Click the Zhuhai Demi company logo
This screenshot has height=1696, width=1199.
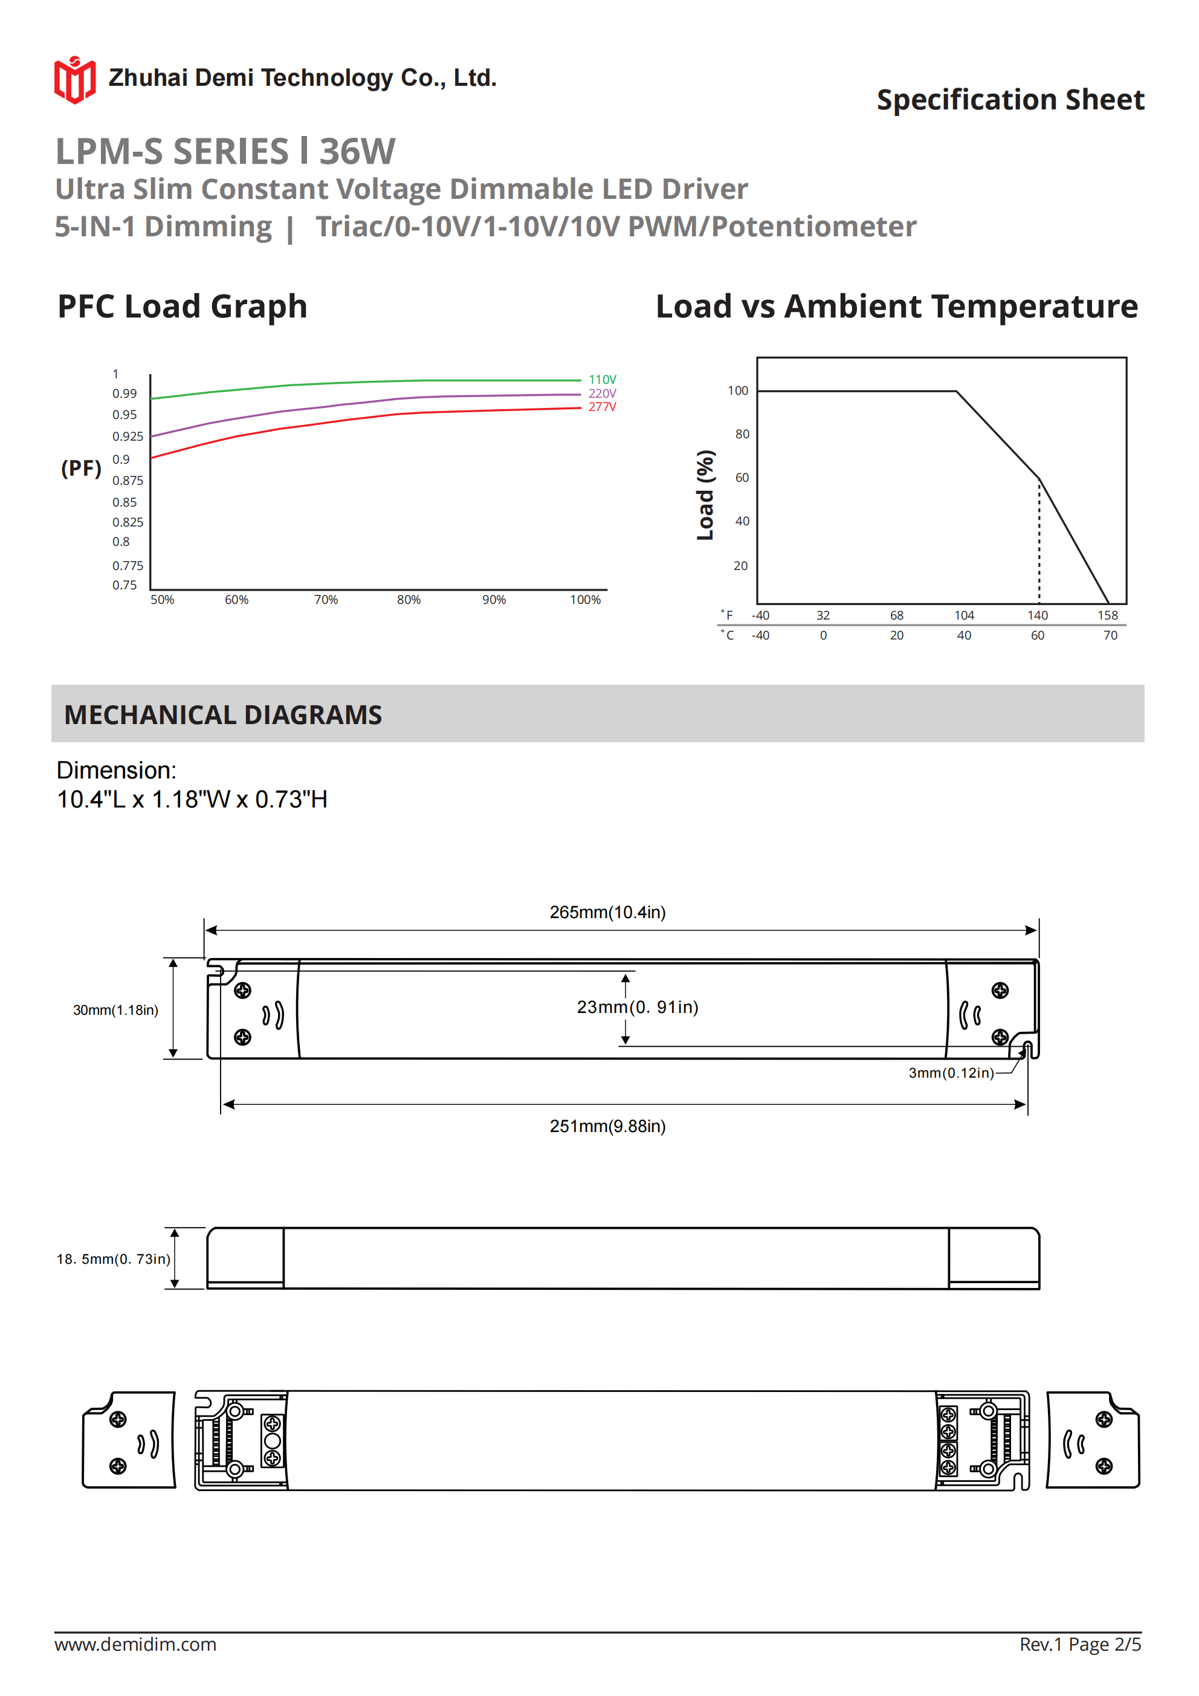pyautogui.click(x=74, y=80)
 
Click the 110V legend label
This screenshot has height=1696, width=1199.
pyautogui.click(x=602, y=380)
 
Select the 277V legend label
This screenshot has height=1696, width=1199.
pyautogui.click(x=602, y=407)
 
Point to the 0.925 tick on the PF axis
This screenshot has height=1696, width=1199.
pyautogui.click(x=128, y=436)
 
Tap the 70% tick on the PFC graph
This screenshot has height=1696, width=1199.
pyautogui.click(x=326, y=600)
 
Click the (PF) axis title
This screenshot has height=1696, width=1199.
pyautogui.click(x=81, y=468)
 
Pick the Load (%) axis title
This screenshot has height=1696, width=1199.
pyautogui.click(x=705, y=495)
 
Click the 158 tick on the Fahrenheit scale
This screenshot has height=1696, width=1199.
pyautogui.click(x=1107, y=615)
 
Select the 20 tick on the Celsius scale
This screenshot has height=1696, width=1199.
pyautogui.click(x=897, y=635)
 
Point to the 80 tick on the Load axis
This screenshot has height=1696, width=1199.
pyautogui.click(x=742, y=435)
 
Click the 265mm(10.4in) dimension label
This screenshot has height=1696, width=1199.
pyautogui.click(x=607, y=912)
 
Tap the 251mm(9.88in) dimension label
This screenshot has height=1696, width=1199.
pyautogui.click(x=607, y=1126)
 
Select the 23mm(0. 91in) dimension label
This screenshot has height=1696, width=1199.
pyautogui.click(x=638, y=1007)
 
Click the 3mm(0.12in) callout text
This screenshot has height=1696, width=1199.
pyautogui.click(x=951, y=1073)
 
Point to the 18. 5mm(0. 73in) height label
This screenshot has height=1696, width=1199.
pyautogui.click(x=113, y=1259)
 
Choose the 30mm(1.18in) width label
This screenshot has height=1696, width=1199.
pyautogui.click(x=115, y=1010)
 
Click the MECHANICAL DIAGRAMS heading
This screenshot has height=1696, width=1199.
pyautogui.click(x=223, y=714)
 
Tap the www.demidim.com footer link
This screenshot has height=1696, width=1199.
pyautogui.click(x=135, y=1644)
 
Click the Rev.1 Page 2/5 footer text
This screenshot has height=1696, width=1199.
pyautogui.click(x=1080, y=1644)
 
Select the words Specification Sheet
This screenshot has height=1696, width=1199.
pyautogui.click(x=1010, y=100)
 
